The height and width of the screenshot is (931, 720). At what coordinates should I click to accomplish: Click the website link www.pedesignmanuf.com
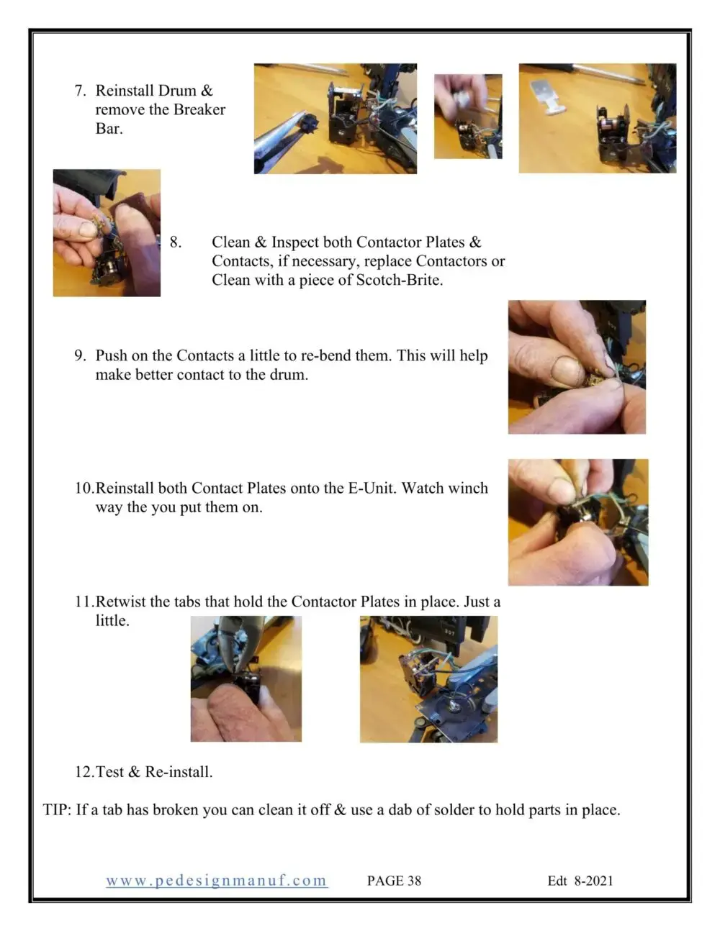(217, 881)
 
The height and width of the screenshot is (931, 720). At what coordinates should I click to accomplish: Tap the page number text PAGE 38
(394, 881)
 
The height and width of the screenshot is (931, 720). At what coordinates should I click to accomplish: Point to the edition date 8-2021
(593, 881)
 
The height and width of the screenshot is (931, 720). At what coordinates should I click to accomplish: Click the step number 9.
(80, 355)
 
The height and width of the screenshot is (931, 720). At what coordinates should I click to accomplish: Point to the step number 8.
(175, 242)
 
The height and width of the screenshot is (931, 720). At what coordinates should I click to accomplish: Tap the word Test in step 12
(109, 771)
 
